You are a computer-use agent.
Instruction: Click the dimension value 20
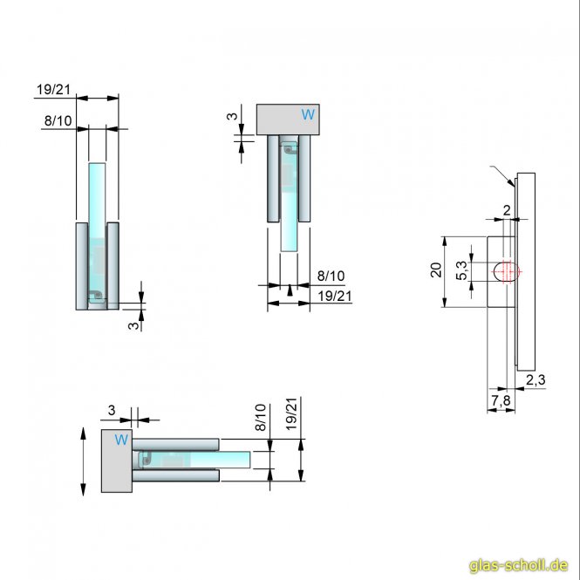pos(436,271)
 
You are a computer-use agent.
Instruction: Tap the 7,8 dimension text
pos(501,400)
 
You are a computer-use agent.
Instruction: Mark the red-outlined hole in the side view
pos(506,271)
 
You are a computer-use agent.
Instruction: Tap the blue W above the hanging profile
pos(306,114)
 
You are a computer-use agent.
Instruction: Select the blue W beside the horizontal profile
pos(121,439)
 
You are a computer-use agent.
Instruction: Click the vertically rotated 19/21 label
pos(291,413)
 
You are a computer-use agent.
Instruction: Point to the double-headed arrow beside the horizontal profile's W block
pos(84,461)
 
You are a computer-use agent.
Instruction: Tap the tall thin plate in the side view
pos(525,270)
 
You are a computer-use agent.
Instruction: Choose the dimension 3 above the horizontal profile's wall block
pos(111,410)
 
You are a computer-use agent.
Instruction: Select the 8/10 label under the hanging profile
pos(331,276)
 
